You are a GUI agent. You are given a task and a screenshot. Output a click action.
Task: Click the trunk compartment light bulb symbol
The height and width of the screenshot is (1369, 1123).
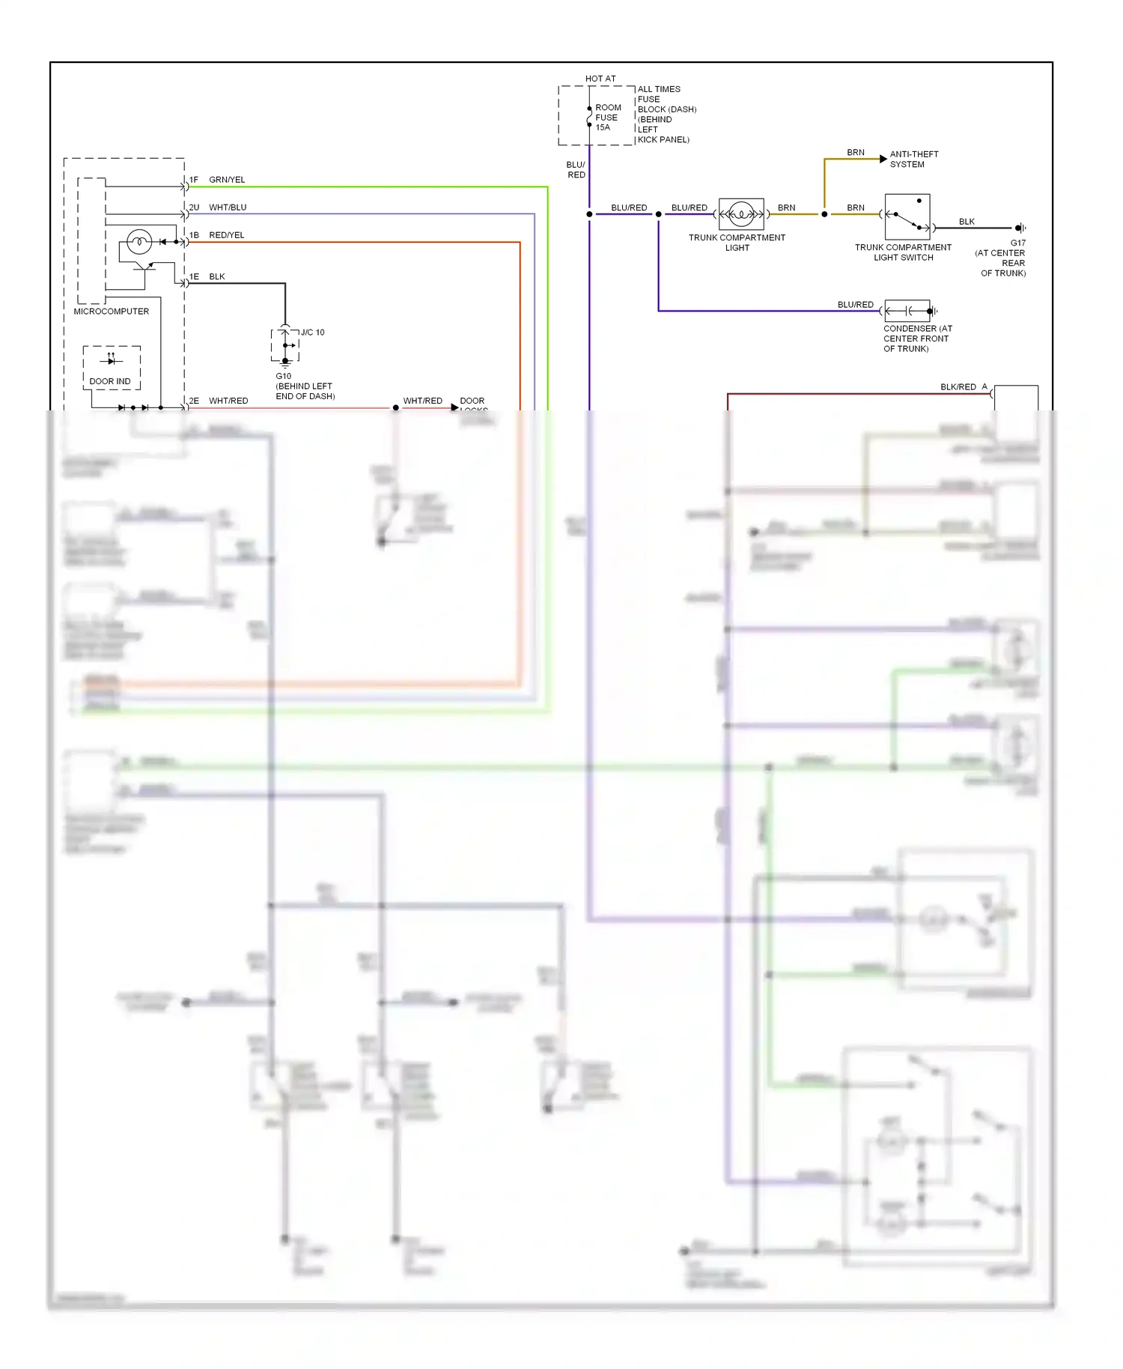740,214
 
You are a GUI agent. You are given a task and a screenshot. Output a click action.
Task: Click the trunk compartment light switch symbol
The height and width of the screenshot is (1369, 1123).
907,217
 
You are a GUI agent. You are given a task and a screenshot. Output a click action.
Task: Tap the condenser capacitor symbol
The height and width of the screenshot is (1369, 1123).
907,311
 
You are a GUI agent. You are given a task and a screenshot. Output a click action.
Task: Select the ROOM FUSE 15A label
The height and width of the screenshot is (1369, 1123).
607,118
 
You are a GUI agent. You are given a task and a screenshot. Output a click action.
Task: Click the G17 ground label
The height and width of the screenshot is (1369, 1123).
1017,243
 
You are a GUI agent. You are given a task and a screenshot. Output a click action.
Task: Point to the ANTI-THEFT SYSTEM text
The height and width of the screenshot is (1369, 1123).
913,160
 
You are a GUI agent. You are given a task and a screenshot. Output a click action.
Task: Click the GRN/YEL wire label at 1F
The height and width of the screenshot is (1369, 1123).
227,180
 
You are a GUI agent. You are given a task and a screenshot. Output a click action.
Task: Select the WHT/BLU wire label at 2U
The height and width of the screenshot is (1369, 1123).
228,207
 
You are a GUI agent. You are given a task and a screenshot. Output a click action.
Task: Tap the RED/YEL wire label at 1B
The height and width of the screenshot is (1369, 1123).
227,235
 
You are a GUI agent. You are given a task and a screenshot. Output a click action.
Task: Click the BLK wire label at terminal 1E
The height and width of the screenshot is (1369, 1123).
217,276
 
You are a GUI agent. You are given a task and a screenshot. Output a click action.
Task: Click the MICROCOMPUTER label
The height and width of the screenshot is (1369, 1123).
111,312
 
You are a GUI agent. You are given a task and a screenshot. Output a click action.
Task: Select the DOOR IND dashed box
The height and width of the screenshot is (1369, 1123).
112,368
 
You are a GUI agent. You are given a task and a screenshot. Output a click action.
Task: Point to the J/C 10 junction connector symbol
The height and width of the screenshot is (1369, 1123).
284,345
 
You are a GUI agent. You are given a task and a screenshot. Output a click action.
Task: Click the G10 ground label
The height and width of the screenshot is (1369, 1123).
283,377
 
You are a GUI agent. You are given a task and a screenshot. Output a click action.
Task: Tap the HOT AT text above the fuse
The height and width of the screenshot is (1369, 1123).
600,79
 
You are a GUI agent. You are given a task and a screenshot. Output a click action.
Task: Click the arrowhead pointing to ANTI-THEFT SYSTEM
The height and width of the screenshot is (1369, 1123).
883,159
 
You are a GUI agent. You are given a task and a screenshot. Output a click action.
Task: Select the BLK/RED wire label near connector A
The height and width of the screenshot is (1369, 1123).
958,387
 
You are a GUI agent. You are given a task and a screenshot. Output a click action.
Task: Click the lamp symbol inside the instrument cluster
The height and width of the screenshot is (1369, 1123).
139,242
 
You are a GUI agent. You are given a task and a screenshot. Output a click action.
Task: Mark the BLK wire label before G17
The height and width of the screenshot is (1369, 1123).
967,222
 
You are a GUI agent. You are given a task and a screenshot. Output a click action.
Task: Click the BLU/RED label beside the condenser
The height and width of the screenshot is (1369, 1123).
855,305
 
